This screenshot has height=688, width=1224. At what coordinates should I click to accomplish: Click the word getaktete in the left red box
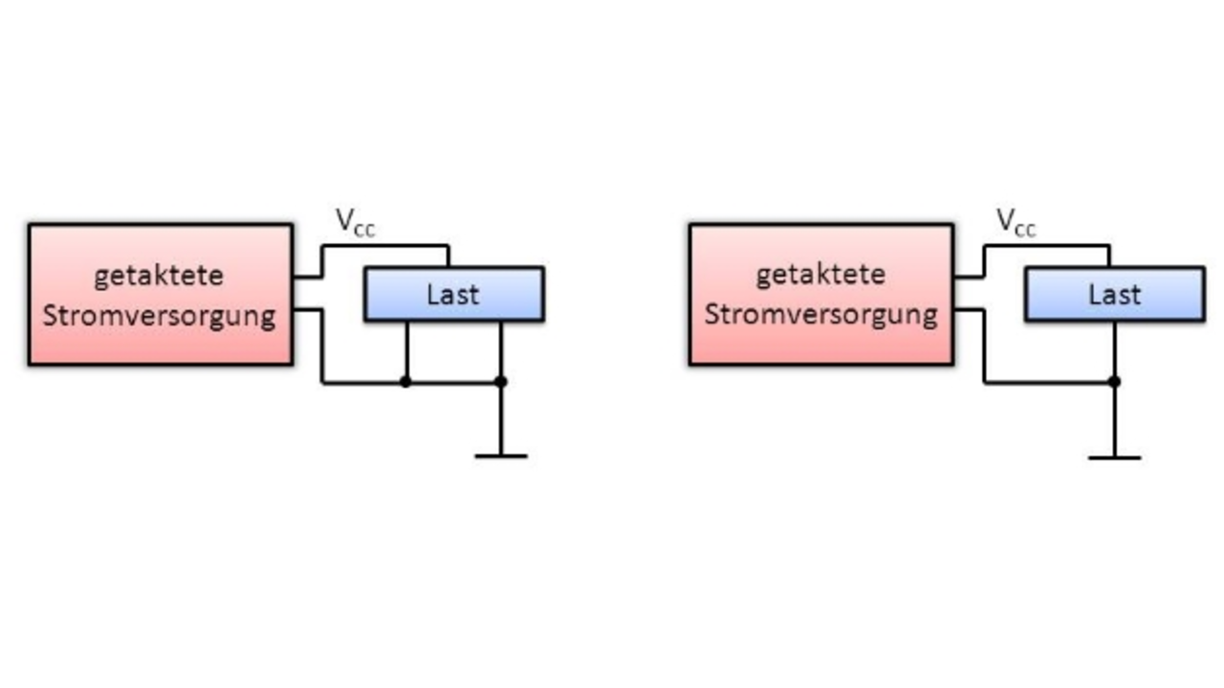(159, 276)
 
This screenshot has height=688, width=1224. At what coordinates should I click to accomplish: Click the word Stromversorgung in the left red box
(159, 316)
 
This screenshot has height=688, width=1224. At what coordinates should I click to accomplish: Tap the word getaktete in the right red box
(820, 275)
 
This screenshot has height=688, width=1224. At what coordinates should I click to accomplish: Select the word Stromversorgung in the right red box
(820, 315)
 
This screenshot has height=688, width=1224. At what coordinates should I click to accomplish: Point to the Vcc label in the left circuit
(356, 223)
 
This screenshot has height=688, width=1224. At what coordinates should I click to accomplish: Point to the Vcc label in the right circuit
(1016, 223)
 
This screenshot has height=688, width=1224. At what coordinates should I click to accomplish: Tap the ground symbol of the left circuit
(501, 455)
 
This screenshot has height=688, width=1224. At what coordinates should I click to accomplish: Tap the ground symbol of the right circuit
(1115, 457)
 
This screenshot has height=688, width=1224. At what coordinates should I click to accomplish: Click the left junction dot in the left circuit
(405, 382)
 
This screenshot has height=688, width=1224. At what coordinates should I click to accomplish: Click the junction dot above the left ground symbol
(501, 382)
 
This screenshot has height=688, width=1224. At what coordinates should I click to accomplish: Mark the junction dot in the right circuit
(1115, 382)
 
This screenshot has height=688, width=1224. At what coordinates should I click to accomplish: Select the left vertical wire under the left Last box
(407, 350)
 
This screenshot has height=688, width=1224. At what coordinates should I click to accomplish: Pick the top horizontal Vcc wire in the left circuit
(385, 247)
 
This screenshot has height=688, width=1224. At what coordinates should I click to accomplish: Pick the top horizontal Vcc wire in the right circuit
(1047, 247)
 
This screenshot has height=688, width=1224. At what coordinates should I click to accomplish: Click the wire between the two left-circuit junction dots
(453, 383)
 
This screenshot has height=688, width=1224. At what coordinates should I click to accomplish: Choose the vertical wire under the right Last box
(1115, 349)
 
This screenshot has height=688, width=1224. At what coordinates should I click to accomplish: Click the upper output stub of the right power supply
(969, 277)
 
